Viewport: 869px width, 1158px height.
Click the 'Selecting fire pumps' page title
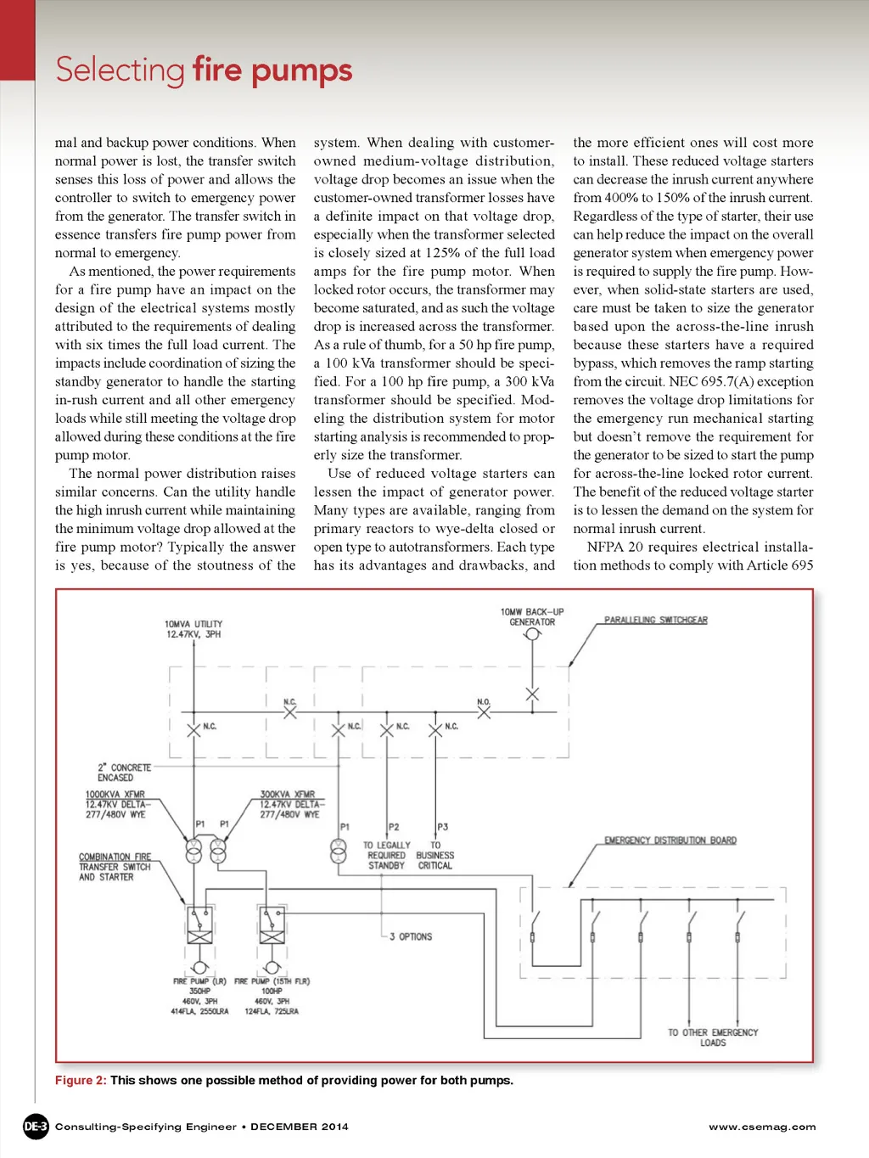(x=204, y=70)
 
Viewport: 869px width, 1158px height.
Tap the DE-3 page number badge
(x=36, y=1127)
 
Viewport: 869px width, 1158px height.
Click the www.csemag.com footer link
(x=762, y=1127)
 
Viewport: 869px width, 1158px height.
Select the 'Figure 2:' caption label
(x=81, y=1080)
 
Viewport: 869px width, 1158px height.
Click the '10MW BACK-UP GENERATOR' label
(x=532, y=616)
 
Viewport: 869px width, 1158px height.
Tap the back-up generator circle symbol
(x=533, y=634)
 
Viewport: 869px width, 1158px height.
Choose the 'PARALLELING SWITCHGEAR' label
(x=655, y=620)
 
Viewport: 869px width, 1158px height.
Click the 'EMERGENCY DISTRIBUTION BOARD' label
(x=670, y=840)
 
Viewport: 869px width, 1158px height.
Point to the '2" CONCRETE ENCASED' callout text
(x=124, y=772)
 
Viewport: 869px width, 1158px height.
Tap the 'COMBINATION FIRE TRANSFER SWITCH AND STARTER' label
(x=115, y=867)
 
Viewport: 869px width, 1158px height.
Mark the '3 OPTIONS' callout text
(x=411, y=936)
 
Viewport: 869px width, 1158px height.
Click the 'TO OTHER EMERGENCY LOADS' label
(x=713, y=1037)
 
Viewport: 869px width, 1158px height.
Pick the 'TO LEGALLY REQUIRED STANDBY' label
(x=386, y=855)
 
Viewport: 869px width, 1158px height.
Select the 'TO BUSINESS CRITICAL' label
(x=434, y=855)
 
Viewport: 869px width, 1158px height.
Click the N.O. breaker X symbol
(x=484, y=712)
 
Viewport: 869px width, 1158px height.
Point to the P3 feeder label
(x=442, y=826)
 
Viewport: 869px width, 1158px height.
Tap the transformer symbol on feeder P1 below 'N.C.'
(x=339, y=850)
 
